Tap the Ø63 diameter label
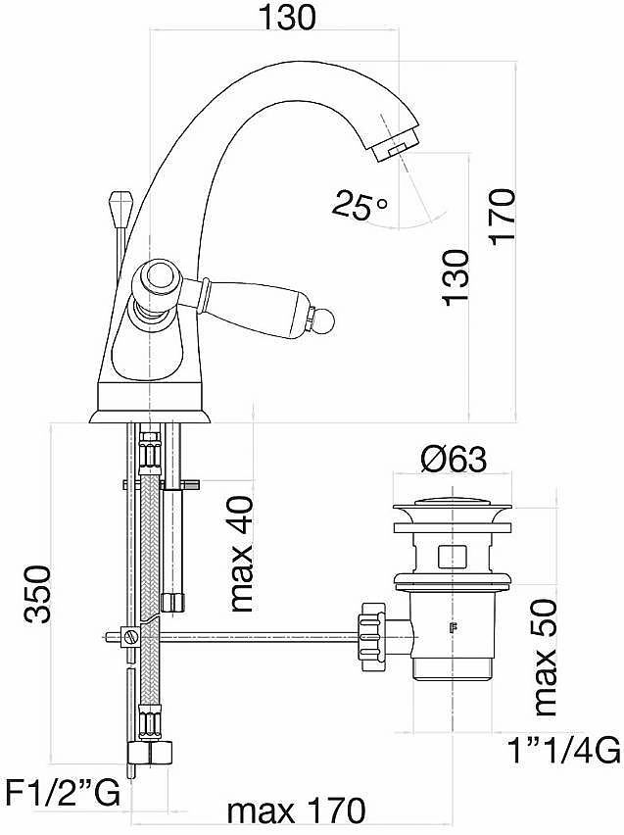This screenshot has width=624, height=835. [x=454, y=459]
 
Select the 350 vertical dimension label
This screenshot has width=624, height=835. [x=38, y=594]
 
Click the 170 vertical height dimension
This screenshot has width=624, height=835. [x=503, y=217]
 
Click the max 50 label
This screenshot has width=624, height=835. [x=544, y=658]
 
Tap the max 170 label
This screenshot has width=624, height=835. [x=297, y=811]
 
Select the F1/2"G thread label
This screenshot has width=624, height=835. [x=63, y=795]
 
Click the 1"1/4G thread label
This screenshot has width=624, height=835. [x=564, y=750]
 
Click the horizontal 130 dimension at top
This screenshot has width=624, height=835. [x=287, y=17]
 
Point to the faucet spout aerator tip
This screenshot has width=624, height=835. [x=395, y=146]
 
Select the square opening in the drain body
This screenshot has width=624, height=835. [x=452, y=557]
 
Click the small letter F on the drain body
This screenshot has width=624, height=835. [x=454, y=628]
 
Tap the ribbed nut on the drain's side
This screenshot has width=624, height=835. [x=370, y=636]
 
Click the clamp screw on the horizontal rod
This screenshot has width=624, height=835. [x=130, y=636]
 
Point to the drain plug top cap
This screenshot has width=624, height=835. [x=453, y=508]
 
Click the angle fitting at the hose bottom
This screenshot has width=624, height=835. [x=151, y=754]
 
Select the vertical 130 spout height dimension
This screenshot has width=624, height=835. [x=456, y=277]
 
